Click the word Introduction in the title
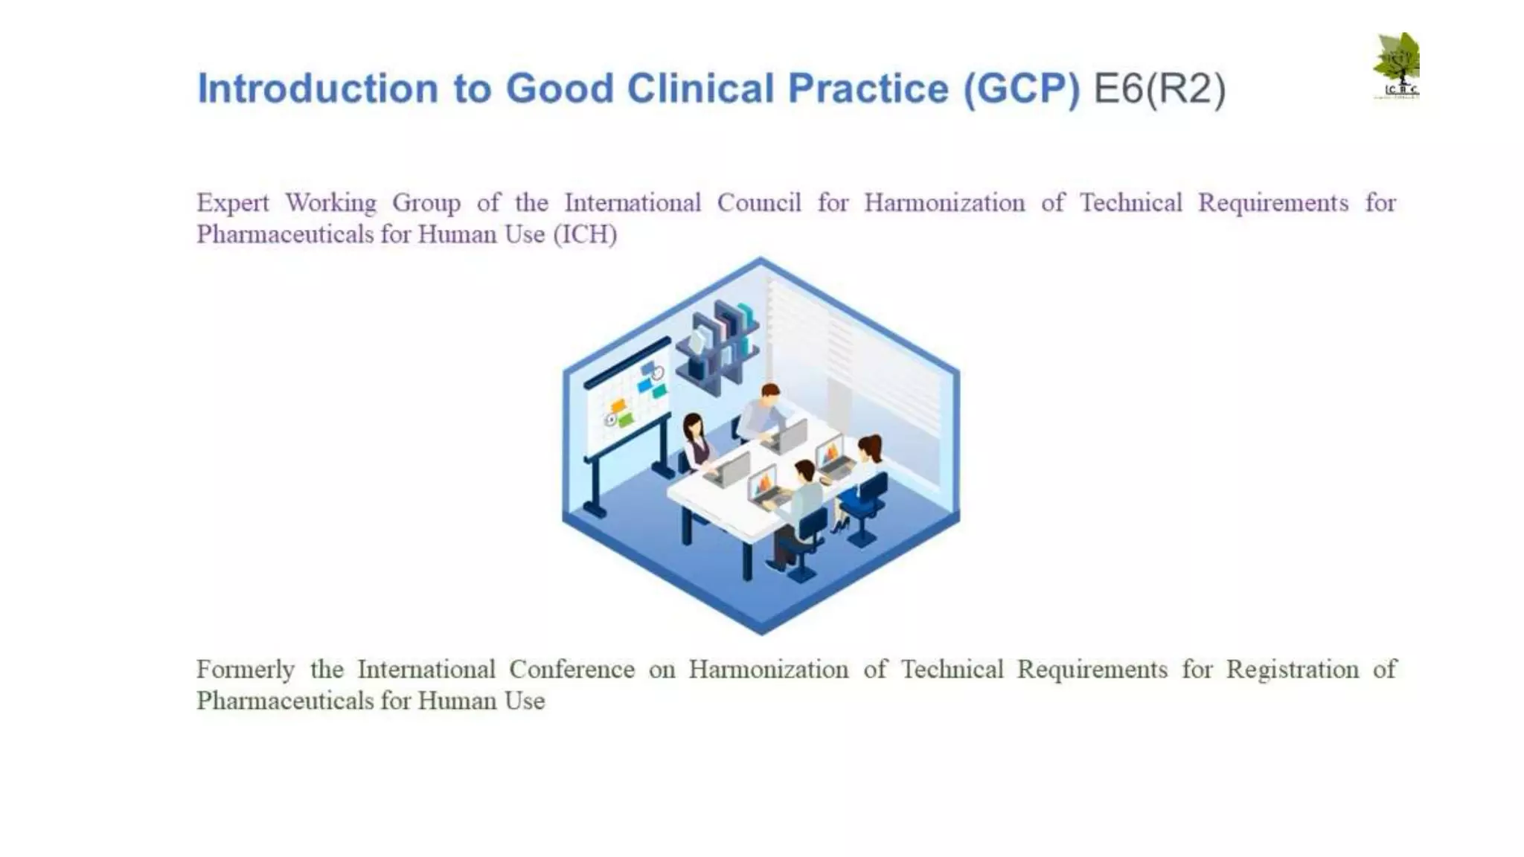[318, 89]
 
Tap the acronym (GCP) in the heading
[1021, 89]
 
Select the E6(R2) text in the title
[1159, 89]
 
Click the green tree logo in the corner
[1397, 65]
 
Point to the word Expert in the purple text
[232, 203]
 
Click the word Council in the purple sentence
[758, 202]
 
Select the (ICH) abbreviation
[585, 234]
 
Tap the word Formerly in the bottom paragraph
[246, 670]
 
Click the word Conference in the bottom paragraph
[571, 669]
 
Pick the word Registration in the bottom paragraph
[1292, 669]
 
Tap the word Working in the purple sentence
[330, 203]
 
